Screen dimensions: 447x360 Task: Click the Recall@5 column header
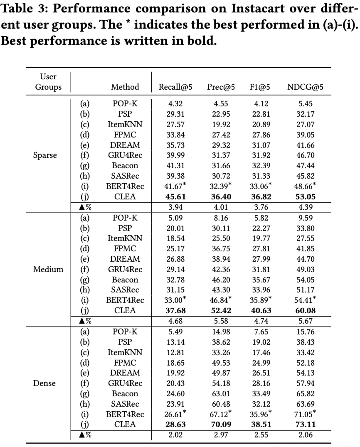[175, 87]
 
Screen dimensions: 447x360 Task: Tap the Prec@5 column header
[221, 87]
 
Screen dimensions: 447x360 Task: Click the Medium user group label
[48, 269]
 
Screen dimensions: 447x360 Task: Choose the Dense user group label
[44, 383]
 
